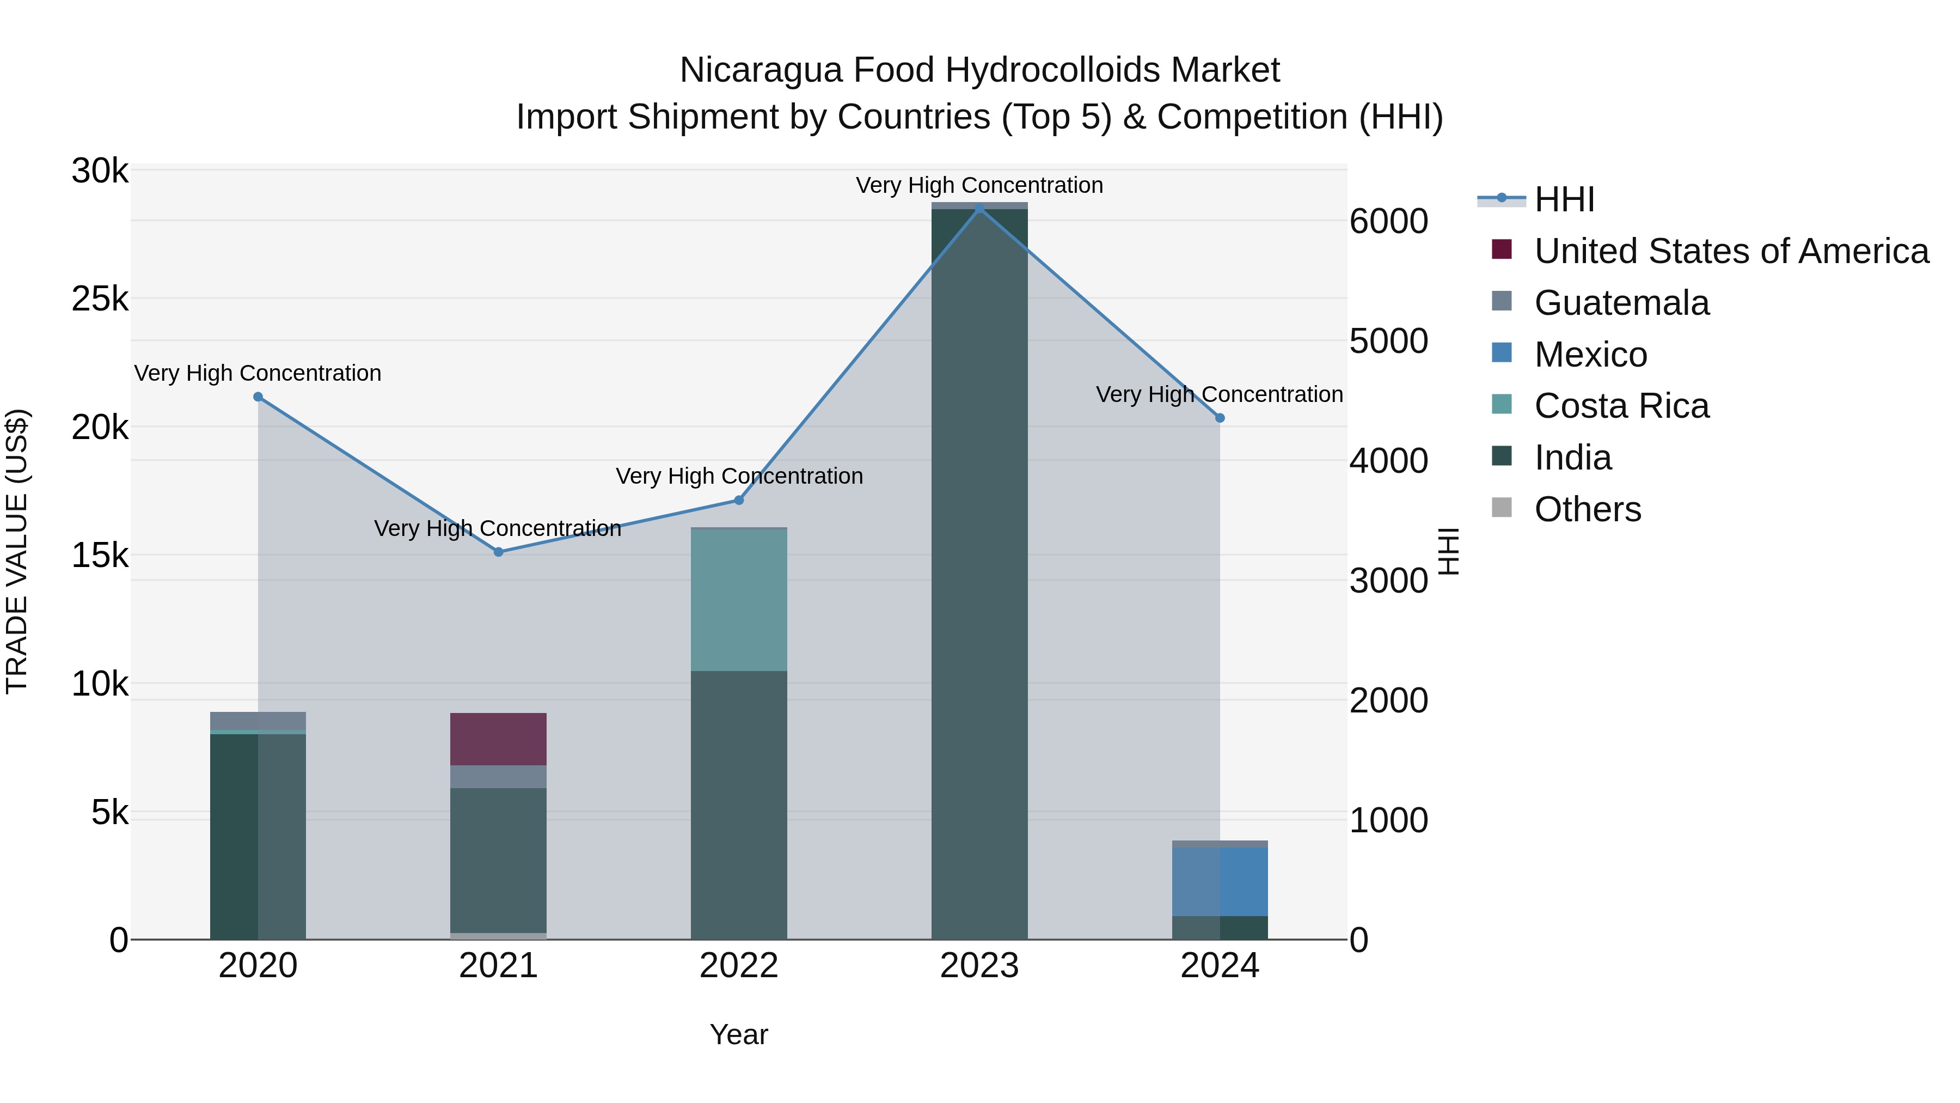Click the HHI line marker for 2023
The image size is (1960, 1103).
[979, 208]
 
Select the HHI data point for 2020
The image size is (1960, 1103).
[258, 397]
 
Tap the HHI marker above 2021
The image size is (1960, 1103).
[498, 552]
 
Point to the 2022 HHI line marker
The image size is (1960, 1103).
[739, 500]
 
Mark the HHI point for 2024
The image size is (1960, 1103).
[1220, 418]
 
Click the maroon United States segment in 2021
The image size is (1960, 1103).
[498, 739]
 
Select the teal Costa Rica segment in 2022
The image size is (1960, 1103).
[739, 599]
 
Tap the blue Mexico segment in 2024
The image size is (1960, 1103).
[1220, 881]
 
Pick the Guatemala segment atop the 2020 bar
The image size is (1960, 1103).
[258, 720]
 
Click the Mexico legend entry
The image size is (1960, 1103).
[1590, 355]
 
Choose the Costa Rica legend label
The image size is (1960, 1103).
[1621, 406]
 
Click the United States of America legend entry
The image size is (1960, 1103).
[1731, 251]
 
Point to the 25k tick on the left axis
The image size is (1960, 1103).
[100, 299]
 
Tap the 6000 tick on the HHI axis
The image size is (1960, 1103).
[1388, 222]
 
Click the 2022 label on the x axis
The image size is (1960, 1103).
[739, 966]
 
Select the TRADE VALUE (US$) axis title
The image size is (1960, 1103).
[17, 552]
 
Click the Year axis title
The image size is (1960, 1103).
[739, 1034]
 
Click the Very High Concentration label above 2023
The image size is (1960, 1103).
[979, 185]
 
